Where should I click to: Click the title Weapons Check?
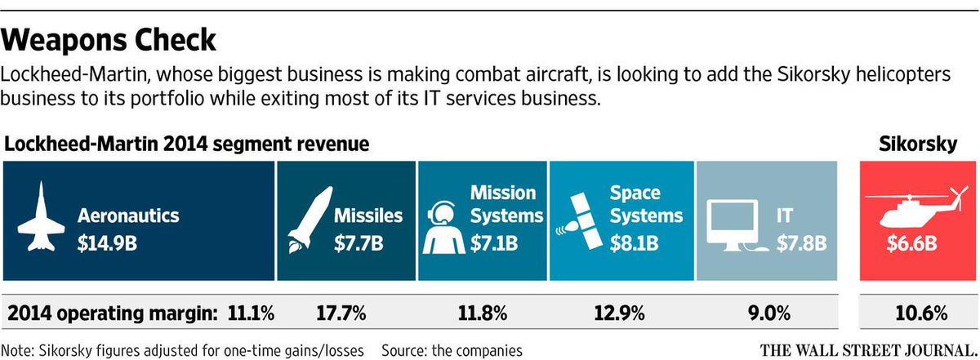[110, 39]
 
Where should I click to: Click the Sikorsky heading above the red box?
[916, 144]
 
